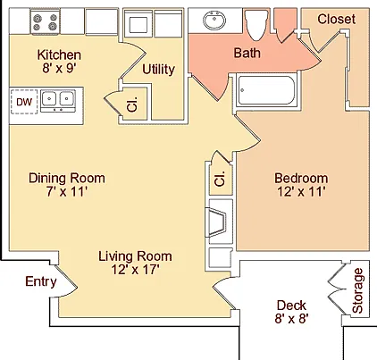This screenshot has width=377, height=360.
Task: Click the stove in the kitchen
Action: pyautogui.click(x=45, y=22)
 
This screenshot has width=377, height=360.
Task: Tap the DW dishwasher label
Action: pyautogui.click(x=24, y=102)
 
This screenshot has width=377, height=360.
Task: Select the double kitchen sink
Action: pyautogui.click(x=58, y=101)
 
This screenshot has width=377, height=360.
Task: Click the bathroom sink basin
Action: pyautogui.click(x=214, y=21)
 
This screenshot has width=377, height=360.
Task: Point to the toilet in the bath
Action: pyautogui.click(x=256, y=24)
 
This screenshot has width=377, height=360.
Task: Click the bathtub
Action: pyautogui.click(x=266, y=90)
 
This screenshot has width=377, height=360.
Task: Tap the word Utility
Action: pyautogui.click(x=158, y=70)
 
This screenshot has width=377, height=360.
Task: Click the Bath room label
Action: pyautogui.click(x=247, y=53)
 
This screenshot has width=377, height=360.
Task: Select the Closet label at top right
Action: pyautogui.click(x=337, y=19)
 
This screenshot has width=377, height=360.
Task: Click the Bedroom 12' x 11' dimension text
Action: pyautogui.click(x=300, y=191)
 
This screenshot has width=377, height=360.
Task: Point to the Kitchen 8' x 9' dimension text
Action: pyautogui.click(x=60, y=68)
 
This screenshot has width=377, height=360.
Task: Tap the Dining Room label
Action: pyautogui.click(x=67, y=178)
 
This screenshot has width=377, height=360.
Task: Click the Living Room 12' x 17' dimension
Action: pyautogui.click(x=136, y=270)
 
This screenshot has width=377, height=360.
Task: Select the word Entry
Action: pyautogui.click(x=41, y=281)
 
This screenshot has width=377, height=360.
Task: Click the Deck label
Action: pyautogui.click(x=291, y=306)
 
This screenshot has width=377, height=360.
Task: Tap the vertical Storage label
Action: pyautogui.click(x=357, y=290)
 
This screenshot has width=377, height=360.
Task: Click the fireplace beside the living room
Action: pyautogui.click(x=217, y=222)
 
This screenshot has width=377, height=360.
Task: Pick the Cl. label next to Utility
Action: pyautogui.click(x=132, y=105)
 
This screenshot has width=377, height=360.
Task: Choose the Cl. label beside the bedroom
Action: pyautogui.click(x=221, y=179)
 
